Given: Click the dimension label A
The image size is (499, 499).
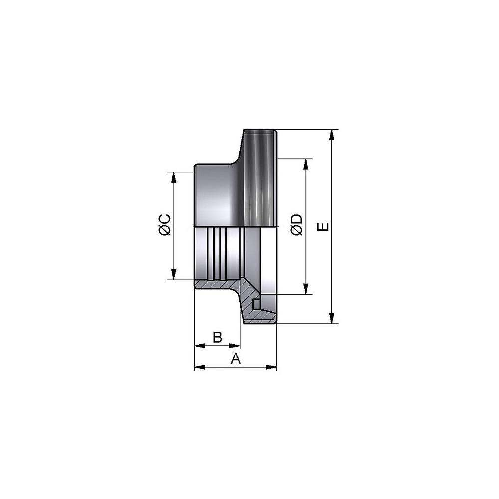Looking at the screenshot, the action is pyautogui.click(x=236, y=358).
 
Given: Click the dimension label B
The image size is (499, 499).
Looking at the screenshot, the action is pyautogui.click(x=217, y=337).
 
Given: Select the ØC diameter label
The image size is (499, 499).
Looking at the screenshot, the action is pyautogui.click(x=165, y=225).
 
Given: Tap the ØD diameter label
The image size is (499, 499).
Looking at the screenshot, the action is pyautogui.click(x=297, y=225).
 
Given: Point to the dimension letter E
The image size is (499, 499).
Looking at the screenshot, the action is pyautogui.click(x=323, y=227).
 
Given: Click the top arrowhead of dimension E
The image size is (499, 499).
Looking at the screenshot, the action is pyautogui.click(x=332, y=134).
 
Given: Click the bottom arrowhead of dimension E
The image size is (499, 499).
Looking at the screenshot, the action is pyautogui.click(x=332, y=318).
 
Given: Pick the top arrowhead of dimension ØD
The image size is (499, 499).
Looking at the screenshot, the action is pyautogui.click(x=306, y=164).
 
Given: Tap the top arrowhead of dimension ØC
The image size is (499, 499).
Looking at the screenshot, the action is pyautogui.click(x=174, y=177).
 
